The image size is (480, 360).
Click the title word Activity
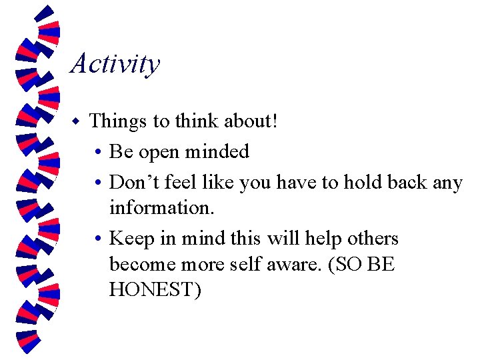115,65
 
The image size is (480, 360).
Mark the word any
447,182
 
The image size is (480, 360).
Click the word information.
162,207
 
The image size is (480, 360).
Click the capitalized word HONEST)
155,290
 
